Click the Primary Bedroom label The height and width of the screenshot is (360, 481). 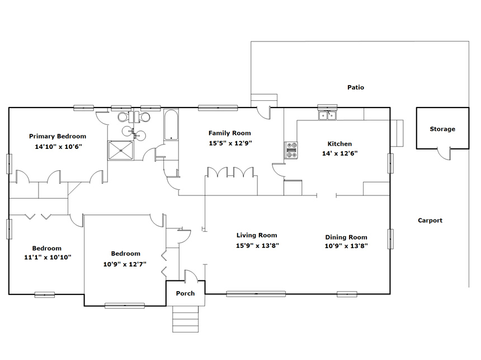click(58, 136)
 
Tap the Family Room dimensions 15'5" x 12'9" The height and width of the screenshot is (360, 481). click(230, 143)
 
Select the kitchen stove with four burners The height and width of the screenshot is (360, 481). click(291, 150)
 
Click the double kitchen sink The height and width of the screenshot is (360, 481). click(328, 115)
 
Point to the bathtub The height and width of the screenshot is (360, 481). click(171, 125)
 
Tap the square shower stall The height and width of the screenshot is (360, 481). click(121, 150)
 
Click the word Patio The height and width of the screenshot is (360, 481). click(356, 87)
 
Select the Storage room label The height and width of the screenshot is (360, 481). click(442, 129)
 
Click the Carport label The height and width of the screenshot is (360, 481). click(430, 221)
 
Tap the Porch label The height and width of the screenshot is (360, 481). click(185, 293)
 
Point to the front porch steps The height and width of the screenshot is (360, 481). click(185, 319)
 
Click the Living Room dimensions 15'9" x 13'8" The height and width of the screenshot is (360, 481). click(257, 245)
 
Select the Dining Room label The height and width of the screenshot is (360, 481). click(346, 237)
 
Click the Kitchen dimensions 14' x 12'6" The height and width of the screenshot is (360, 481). click(340, 153)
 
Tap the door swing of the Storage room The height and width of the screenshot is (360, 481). click(444, 154)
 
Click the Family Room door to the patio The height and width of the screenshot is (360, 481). click(264, 113)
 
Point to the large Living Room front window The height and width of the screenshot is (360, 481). click(256, 294)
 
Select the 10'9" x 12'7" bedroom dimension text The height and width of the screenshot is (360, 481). click(125, 264)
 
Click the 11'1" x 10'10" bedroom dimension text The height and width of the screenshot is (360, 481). click(48, 258)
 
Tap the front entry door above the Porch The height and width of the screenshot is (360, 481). click(191, 276)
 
